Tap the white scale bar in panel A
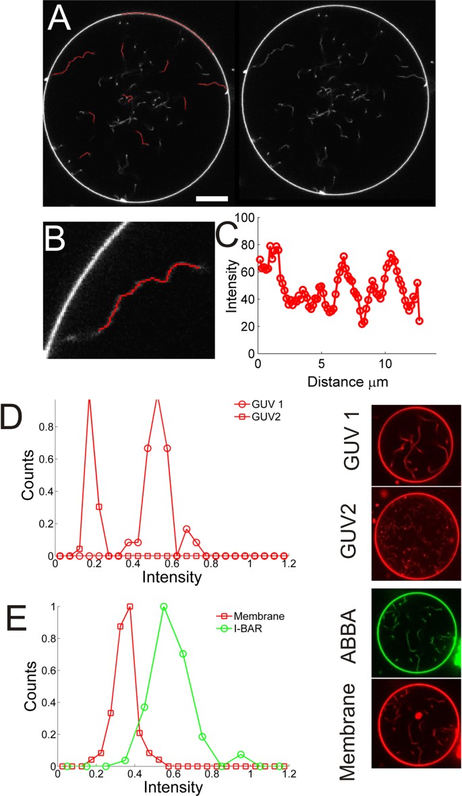(x=213, y=198)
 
